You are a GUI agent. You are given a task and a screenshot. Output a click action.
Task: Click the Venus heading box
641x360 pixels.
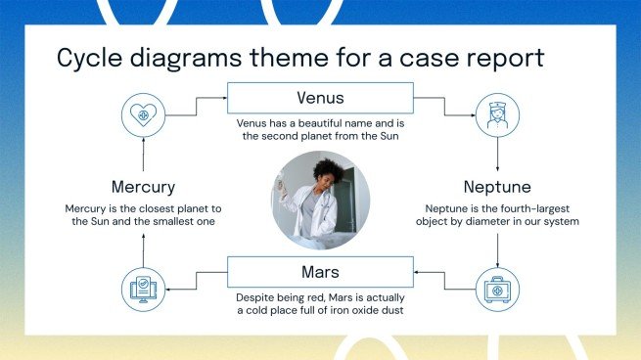click(320, 98)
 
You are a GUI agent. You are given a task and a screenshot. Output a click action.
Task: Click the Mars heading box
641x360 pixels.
click(320, 271)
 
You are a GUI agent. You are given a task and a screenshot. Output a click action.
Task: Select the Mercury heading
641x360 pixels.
click(143, 186)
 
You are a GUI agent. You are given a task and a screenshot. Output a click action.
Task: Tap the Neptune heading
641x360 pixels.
click(497, 186)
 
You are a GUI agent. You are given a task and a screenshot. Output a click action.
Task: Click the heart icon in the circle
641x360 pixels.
click(143, 113)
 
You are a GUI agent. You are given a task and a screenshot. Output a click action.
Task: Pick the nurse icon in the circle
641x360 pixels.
click(497, 113)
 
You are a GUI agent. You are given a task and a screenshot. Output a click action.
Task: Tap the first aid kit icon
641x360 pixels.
click(497, 289)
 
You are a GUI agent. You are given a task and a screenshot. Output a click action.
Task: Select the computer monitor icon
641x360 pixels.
click(143, 289)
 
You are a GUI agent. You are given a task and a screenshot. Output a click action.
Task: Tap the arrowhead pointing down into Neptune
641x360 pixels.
click(497, 167)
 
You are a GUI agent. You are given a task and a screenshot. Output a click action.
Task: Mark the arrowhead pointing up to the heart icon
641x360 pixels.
click(143, 139)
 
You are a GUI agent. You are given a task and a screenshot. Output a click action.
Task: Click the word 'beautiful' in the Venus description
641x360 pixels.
click(330, 125)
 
